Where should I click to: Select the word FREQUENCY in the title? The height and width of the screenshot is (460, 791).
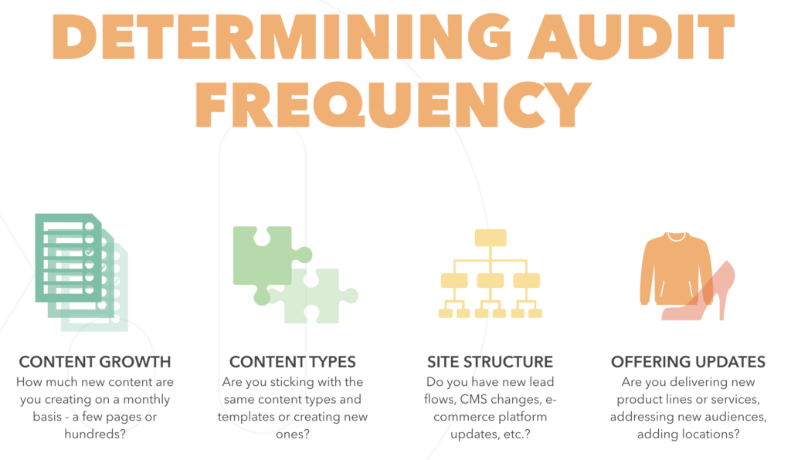tap(393, 104)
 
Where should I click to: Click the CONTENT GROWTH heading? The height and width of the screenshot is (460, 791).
tap(95, 362)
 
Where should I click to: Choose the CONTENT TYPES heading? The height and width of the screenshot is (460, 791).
tap(293, 362)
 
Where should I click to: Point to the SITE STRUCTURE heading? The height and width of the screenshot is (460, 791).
tap(490, 362)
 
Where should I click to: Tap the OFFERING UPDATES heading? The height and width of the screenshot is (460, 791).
tap(688, 362)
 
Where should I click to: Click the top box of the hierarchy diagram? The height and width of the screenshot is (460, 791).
tap(491, 238)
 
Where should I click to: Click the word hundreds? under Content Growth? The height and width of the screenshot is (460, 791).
tap(95, 434)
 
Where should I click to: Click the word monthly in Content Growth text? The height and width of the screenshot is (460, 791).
tap(147, 400)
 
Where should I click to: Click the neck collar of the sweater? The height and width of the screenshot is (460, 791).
tap(677, 236)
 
